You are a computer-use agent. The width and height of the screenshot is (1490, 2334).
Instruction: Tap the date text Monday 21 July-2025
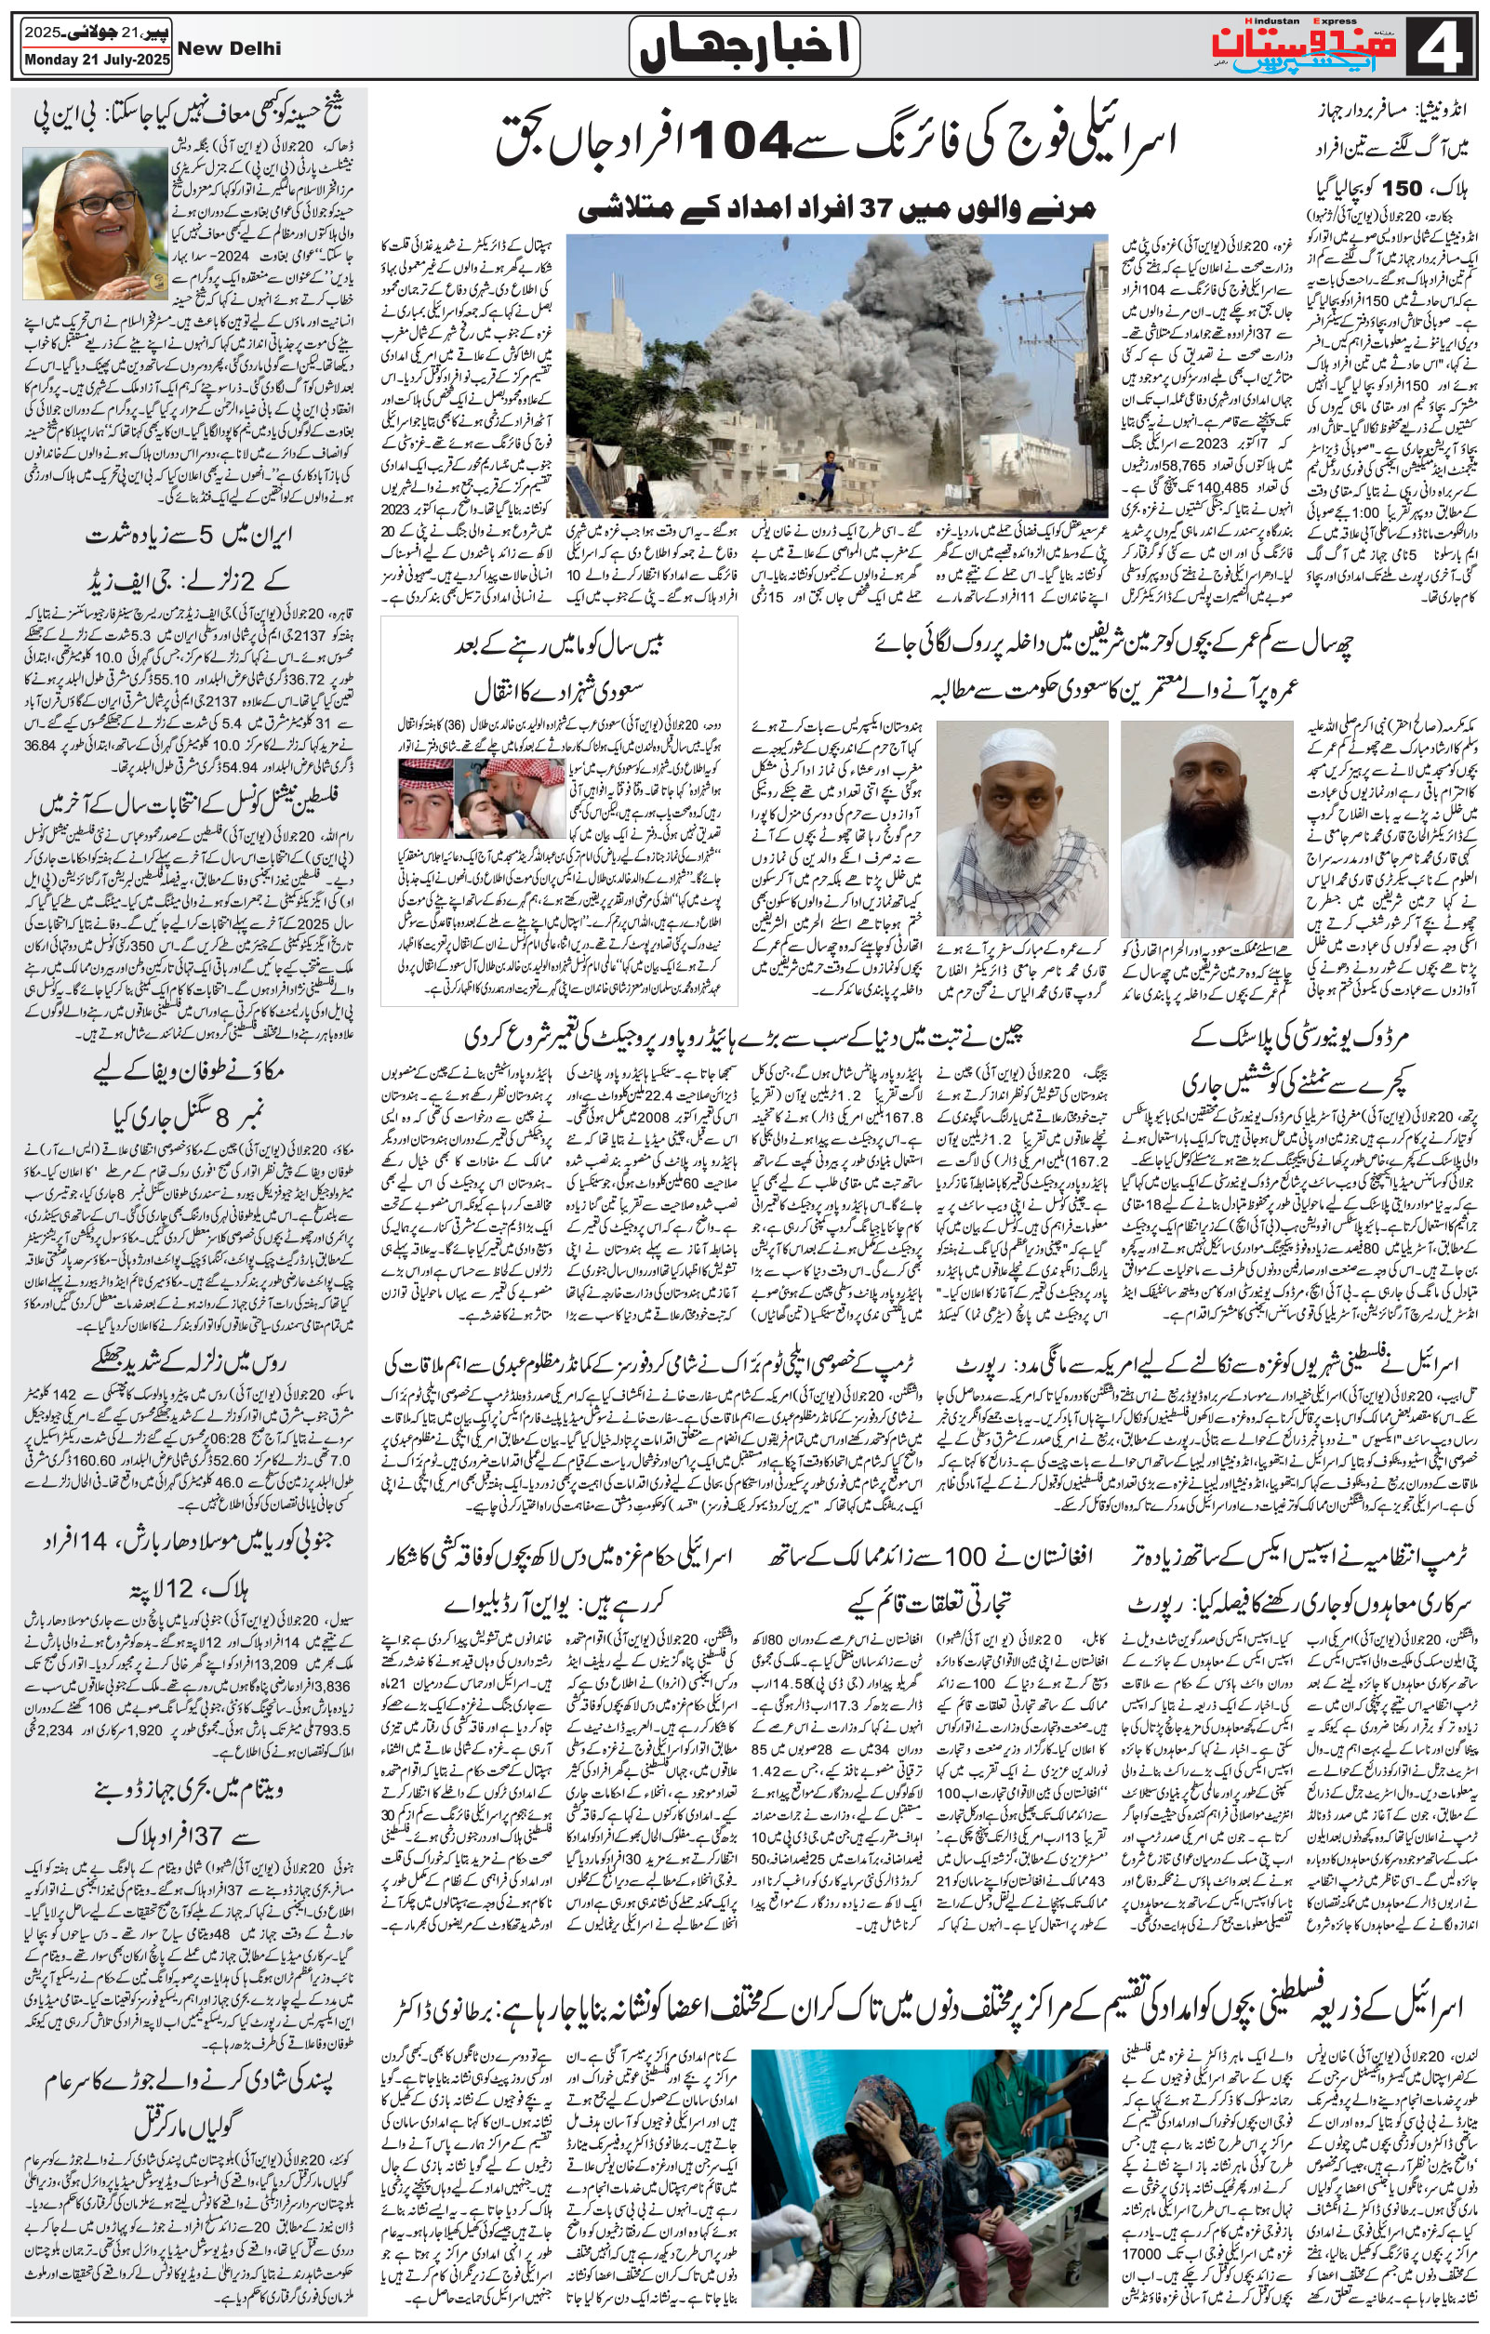pyautogui.click(x=94, y=62)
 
